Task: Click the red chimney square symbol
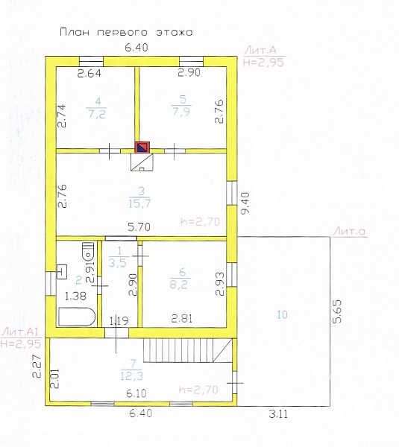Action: [142, 147]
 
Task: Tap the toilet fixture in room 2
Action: [88, 251]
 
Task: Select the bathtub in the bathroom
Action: [77, 317]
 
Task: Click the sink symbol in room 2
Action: [62, 272]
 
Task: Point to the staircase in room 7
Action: [187, 350]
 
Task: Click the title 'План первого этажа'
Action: [126, 32]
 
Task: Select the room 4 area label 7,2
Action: [97, 114]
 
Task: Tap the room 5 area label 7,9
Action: [181, 111]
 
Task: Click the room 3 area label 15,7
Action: [139, 203]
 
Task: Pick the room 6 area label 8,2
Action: [179, 285]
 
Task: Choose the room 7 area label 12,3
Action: [131, 376]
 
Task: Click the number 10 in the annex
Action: [282, 314]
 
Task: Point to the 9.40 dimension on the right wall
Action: [245, 203]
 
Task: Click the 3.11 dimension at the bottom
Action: [278, 414]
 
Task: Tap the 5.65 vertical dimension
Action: [337, 311]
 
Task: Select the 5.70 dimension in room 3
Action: [139, 227]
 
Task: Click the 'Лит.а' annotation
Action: [350, 231]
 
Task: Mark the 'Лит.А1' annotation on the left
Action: [19, 332]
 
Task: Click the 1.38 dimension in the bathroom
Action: [75, 296]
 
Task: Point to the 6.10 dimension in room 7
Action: [136, 393]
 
